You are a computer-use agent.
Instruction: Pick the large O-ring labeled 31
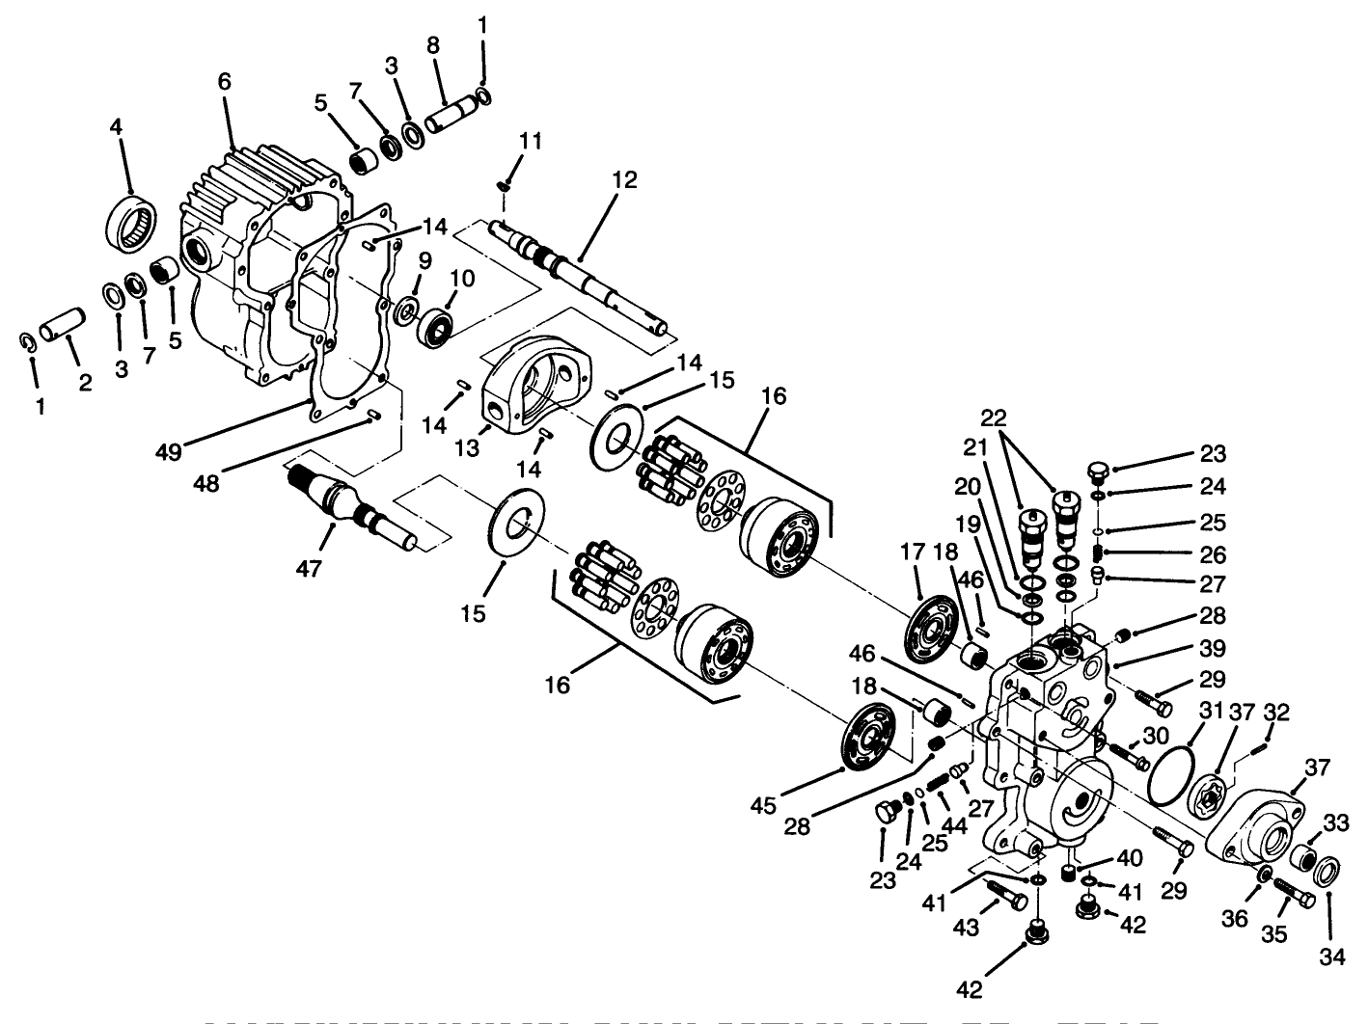(x=1172, y=768)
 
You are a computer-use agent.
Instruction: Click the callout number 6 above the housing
(x=224, y=83)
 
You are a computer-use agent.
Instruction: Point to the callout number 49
(x=170, y=451)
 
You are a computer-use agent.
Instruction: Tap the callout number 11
(x=530, y=143)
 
